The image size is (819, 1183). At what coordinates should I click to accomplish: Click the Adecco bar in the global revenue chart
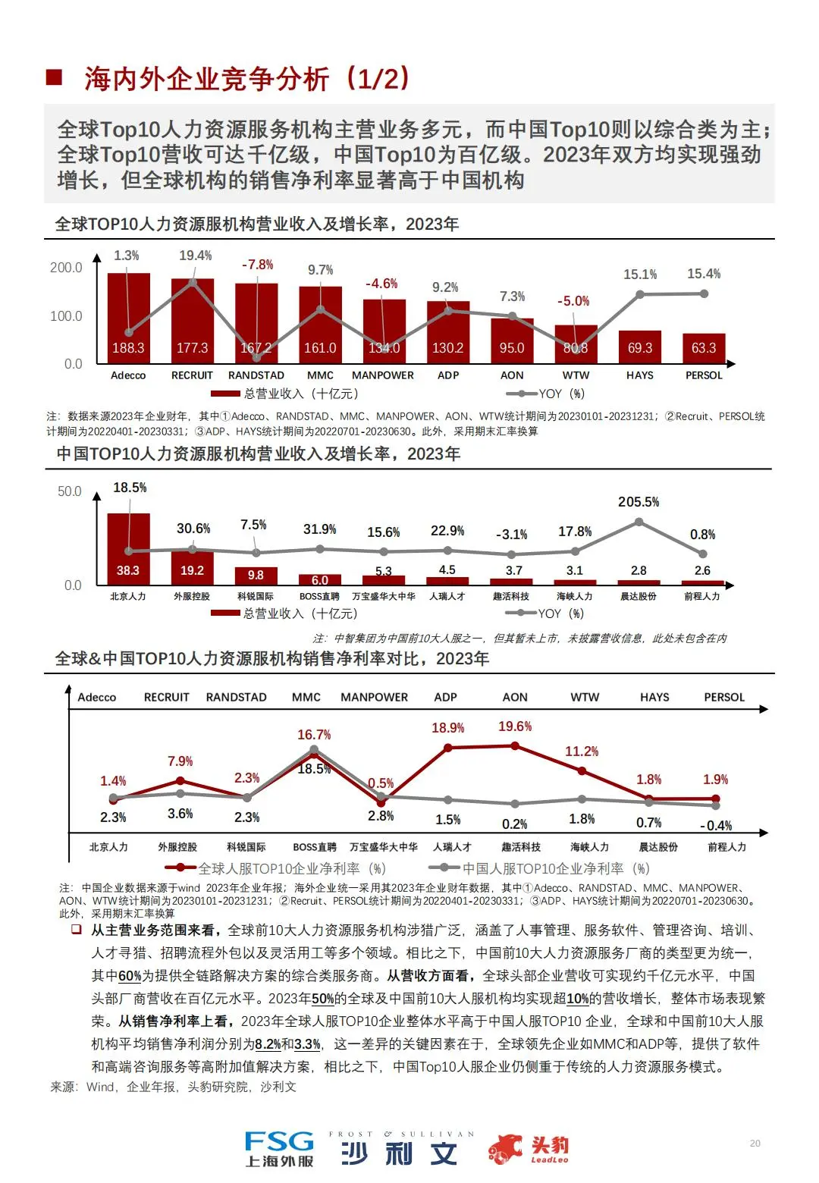coord(128,318)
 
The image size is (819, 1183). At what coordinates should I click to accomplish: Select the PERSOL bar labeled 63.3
coord(704,348)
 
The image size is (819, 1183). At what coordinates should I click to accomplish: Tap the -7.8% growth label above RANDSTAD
coord(257,265)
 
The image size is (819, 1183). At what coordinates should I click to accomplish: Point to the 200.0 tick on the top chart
coord(66,268)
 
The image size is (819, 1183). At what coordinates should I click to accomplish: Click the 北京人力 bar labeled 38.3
coord(128,550)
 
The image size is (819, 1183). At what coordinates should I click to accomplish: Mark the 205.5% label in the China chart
coord(639,502)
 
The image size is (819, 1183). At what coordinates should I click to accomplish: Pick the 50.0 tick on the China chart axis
coord(69,491)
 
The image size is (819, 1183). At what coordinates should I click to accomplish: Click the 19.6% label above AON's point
coord(515,726)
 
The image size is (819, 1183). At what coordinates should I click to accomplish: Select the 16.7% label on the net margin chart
coord(314,735)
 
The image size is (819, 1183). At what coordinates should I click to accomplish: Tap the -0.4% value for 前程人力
coord(715,826)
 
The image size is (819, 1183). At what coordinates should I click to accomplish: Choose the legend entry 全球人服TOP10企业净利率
coord(276,868)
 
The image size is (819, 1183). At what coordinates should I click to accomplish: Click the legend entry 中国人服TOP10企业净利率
coord(540,868)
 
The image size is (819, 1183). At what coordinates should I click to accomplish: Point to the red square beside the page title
coord(54,77)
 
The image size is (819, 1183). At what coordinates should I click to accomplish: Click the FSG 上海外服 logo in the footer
coord(279,1148)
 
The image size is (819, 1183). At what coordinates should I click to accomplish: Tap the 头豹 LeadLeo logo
coord(529,1149)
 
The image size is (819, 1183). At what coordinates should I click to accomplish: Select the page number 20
coord(755,1143)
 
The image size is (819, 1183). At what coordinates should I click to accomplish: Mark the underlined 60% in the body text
coord(130,976)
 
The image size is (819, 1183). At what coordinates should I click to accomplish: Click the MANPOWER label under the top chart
coord(383,375)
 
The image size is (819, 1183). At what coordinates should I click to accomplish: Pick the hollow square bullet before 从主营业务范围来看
coord(76,930)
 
